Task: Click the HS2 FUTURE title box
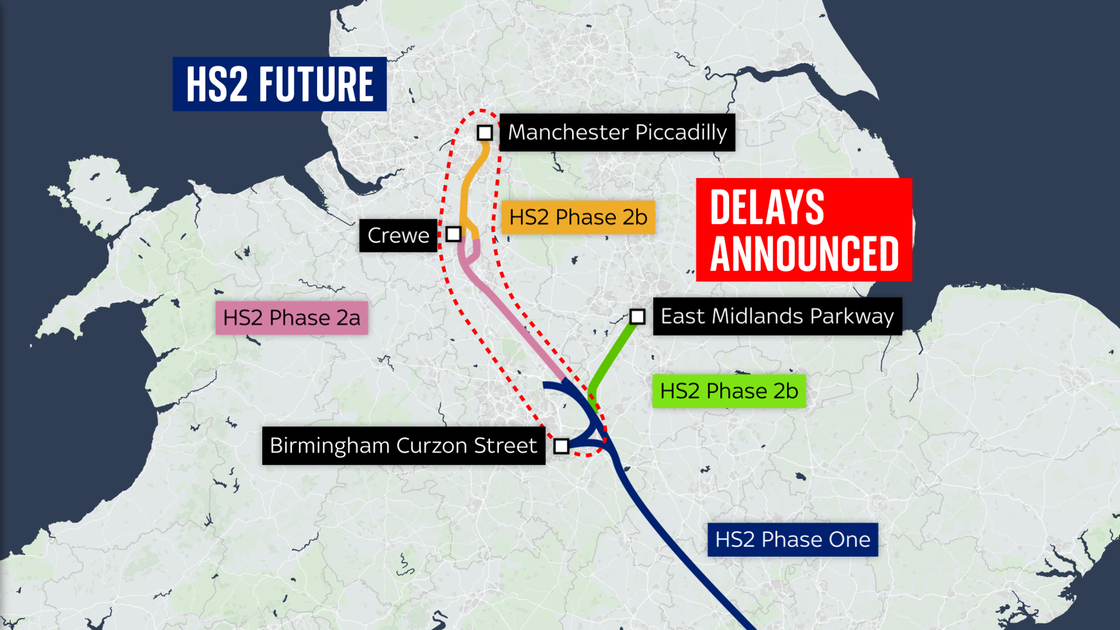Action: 279,84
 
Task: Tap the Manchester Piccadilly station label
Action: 617,132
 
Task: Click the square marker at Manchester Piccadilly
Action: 485,133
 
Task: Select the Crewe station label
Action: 398,235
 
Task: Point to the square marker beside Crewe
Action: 453,234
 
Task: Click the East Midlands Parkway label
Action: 777,316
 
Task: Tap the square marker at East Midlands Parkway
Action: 637,316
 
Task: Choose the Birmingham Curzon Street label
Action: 403,446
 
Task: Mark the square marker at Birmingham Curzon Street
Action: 561,446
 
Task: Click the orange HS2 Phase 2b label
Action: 578,217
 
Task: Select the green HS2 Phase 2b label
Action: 729,391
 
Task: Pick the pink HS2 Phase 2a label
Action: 291,318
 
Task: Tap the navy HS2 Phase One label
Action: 792,540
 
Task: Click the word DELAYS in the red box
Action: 767,207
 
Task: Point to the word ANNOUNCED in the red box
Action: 804,254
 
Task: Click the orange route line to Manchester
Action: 466,186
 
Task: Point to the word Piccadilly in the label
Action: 681,132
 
